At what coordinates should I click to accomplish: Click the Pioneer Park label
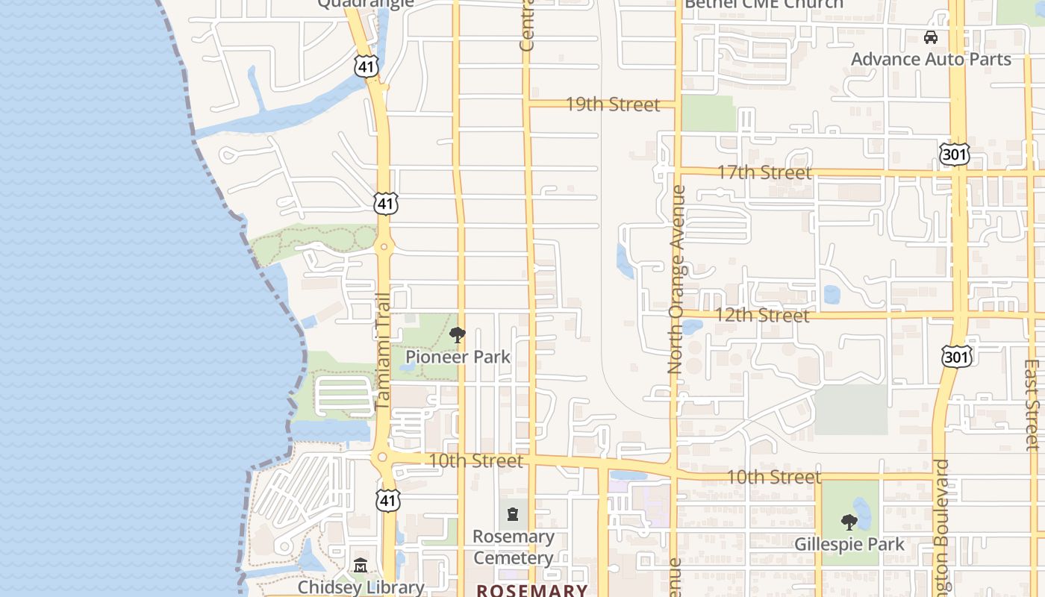458,357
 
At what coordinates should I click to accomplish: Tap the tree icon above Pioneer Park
458,335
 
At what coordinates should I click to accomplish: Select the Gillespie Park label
849,544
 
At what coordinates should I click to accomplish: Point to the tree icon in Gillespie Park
849,522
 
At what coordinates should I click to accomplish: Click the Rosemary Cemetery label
514,547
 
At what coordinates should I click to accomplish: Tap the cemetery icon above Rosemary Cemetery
513,514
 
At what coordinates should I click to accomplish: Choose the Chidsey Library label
361,587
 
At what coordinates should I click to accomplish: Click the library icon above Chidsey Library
361,566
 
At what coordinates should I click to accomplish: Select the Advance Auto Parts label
931,59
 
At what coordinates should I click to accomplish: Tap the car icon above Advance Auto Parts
930,37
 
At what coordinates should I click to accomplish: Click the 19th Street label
613,104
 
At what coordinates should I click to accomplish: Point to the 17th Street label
764,172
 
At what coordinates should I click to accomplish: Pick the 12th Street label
762,315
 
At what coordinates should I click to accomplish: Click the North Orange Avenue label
677,280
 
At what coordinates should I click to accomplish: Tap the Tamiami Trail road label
382,350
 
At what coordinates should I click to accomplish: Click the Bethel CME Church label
764,4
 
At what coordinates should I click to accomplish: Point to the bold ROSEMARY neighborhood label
532,590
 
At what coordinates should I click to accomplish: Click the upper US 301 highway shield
955,154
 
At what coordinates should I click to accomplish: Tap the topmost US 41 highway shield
366,66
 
